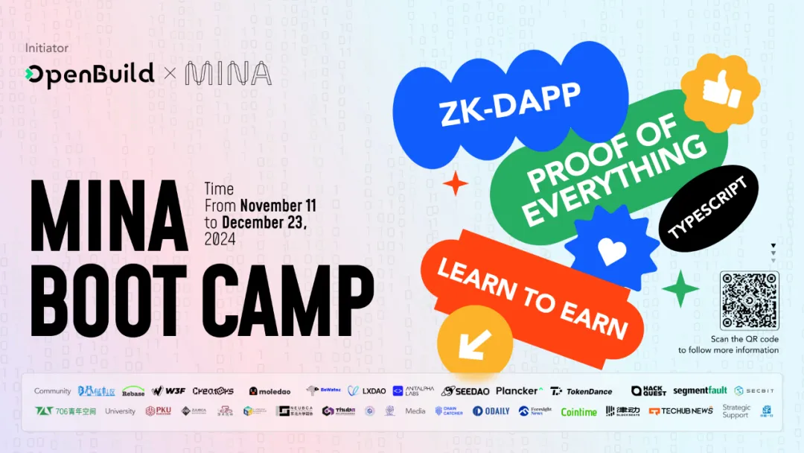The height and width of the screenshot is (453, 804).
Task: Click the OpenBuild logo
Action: point(89,74)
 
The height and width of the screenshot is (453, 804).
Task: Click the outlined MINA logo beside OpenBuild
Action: point(228,74)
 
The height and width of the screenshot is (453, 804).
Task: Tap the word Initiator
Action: point(46,48)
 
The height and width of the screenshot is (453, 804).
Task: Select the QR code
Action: point(749,300)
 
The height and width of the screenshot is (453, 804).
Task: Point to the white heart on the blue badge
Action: point(612,251)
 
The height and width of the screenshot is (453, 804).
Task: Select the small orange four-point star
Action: point(455,183)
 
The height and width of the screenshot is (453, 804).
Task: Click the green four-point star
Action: point(680,289)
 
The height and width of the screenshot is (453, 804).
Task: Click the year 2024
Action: point(220,239)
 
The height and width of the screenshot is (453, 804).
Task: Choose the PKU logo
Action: point(159,411)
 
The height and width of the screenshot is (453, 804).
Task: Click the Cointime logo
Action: point(578,411)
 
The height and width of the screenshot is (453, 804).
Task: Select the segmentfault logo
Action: point(700,390)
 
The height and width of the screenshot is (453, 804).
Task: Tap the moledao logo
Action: point(270,391)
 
